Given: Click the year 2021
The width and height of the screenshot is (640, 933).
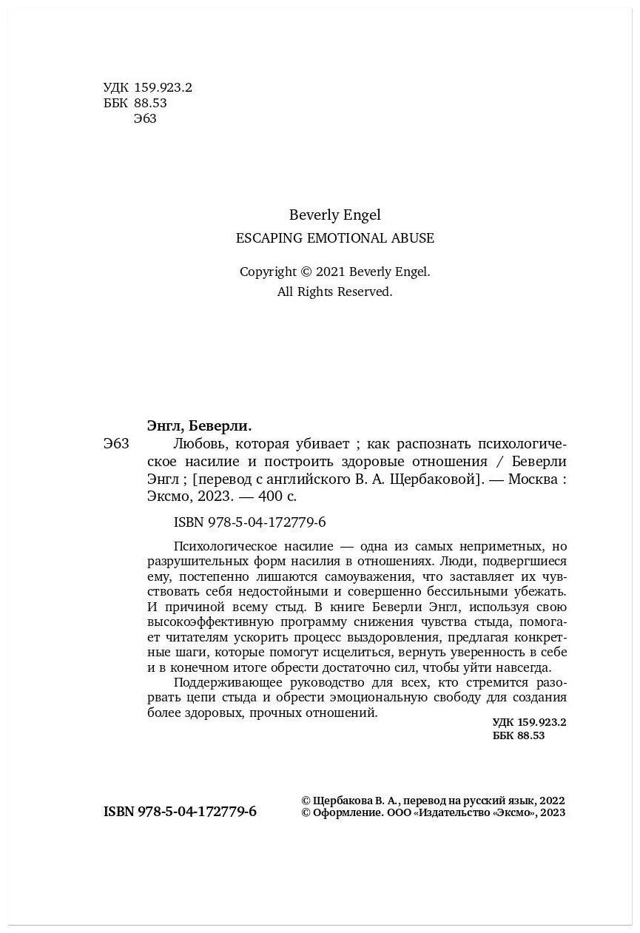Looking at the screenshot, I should point(331,272).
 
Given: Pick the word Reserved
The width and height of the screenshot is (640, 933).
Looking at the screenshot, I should point(364,292).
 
